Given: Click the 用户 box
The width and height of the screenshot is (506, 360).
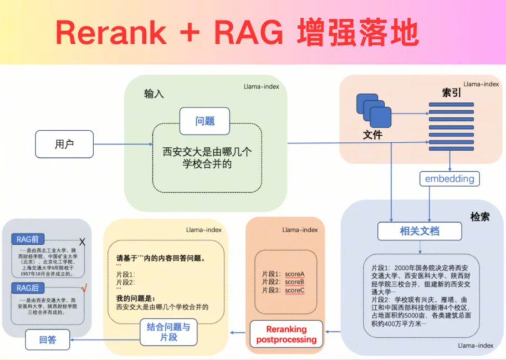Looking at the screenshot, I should tap(64, 145).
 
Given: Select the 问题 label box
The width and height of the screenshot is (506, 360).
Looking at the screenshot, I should tap(205, 121).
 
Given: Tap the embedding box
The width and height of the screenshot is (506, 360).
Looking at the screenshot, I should tap(449, 179).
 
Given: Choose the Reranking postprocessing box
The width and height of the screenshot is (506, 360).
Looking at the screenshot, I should tap(286, 334).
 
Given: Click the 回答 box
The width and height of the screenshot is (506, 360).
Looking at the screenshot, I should tap(48, 340).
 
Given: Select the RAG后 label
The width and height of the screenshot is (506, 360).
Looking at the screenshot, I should tap(28, 289).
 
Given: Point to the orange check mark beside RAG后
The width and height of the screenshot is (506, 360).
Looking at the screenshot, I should tap(84, 287).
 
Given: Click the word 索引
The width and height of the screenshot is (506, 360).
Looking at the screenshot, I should tap(451, 92).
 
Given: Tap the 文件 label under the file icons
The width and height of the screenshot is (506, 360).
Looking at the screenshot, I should tap(372, 135).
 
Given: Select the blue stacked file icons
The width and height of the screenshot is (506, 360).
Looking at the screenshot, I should tap(374, 111).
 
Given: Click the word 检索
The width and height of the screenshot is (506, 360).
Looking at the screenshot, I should tap(479, 217).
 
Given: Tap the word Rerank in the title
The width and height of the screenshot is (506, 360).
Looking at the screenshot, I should tap(110, 33).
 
